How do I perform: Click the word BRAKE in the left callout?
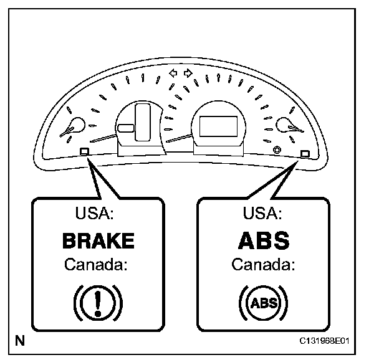point(98,241)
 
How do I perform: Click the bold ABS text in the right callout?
point(263,240)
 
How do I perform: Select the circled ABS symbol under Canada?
point(262,303)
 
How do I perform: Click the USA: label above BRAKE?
point(94,214)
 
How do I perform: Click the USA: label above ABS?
point(262,214)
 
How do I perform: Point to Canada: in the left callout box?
point(96,265)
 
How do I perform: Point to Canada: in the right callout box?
point(262,265)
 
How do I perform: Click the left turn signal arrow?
point(174,73)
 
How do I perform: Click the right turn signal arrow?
point(188,73)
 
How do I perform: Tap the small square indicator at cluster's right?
point(305,153)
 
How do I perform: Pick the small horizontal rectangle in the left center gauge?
point(125,129)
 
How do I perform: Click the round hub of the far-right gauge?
point(289,123)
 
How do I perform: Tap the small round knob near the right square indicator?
point(276,149)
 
